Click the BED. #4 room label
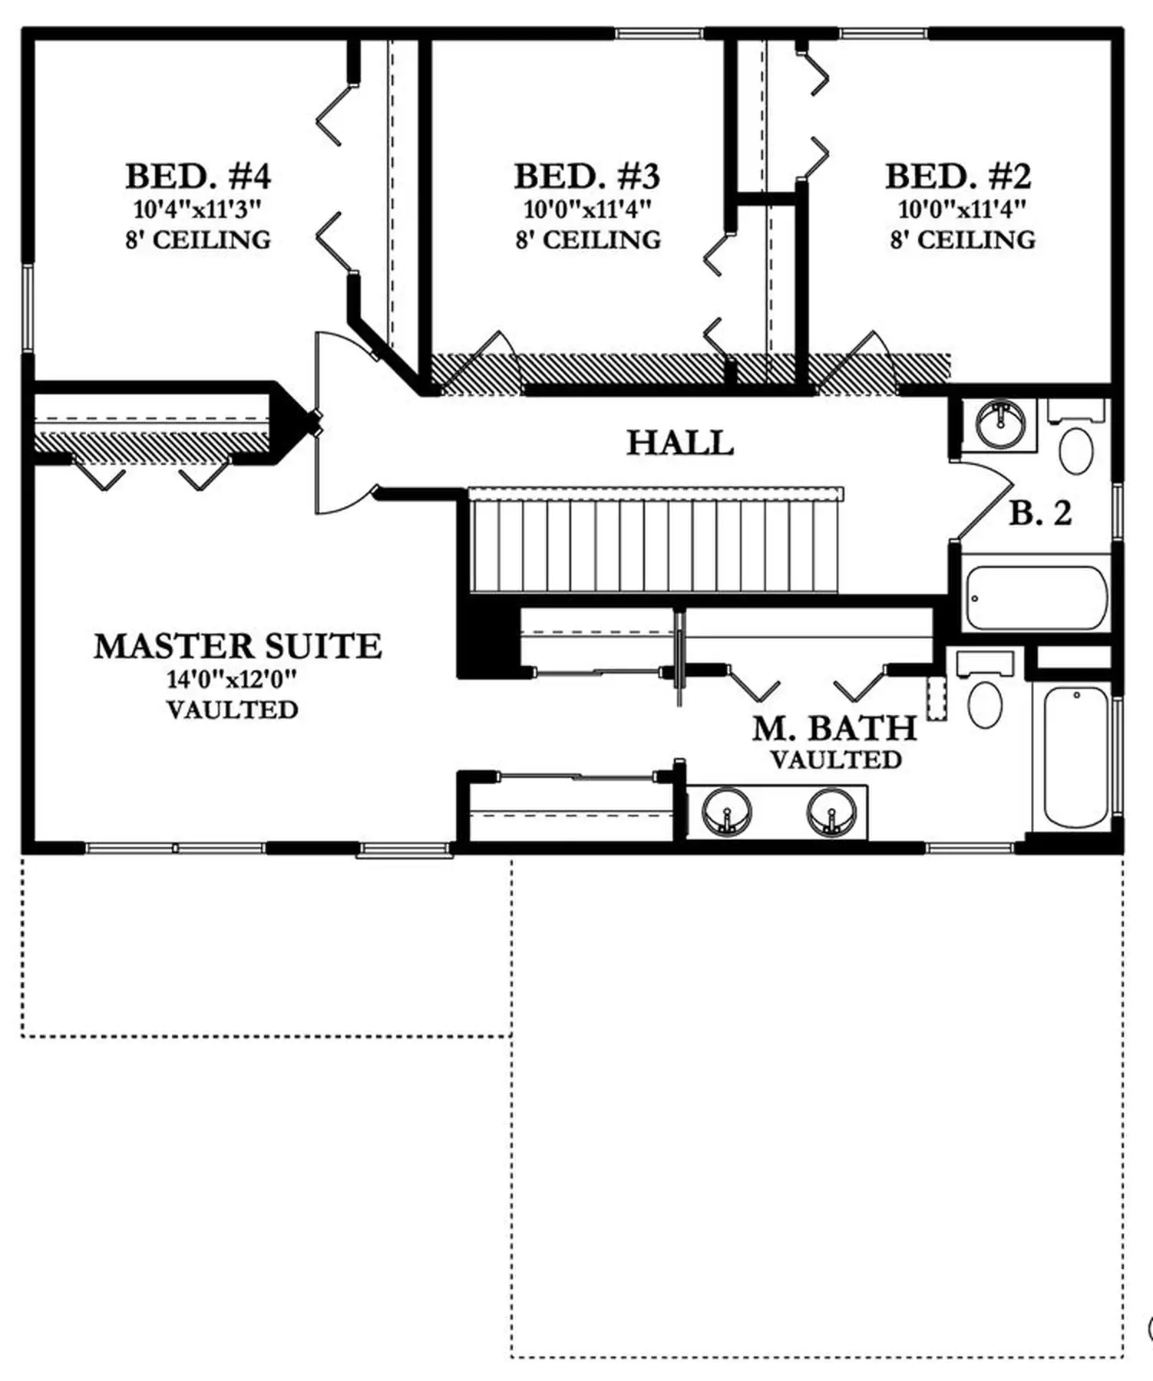(x=198, y=176)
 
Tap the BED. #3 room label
(x=587, y=176)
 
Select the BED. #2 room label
(x=958, y=176)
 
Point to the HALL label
(x=680, y=443)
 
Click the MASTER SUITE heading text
(x=238, y=646)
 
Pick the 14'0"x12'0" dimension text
(x=232, y=679)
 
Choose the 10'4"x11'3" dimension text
(x=198, y=209)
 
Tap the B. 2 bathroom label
(x=1040, y=513)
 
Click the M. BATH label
(x=834, y=728)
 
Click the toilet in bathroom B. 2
(x=1076, y=437)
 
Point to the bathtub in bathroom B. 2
(x=1037, y=598)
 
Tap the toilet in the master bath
(x=986, y=690)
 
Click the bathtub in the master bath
(x=1076, y=757)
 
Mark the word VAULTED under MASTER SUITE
(x=232, y=710)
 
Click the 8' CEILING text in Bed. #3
(x=588, y=240)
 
